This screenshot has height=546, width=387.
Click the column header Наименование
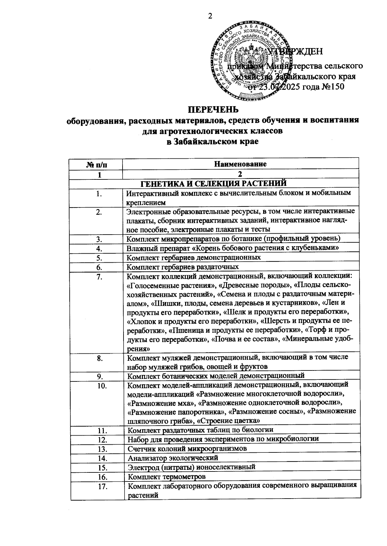pyautogui.click(x=241, y=164)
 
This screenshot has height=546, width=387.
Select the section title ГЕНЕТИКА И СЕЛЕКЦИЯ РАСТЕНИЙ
pyautogui.click(x=213, y=184)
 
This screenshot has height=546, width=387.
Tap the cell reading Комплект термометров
pyautogui.click(x=167, y=477)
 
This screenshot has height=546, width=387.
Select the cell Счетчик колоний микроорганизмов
pyautogui.click(x=187, y=449)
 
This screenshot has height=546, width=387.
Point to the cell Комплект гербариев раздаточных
pyautogui.click(x=183, y=267)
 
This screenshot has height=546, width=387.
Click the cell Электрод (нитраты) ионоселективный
pyautogui.click(x=192, y=467)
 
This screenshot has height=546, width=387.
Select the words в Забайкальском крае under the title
pyautogui.click(x=213, y=141)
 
